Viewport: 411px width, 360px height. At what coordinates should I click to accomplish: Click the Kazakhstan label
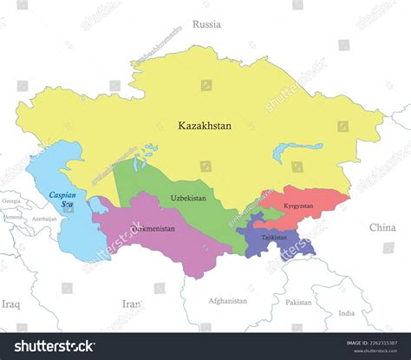click(x=205, y=126)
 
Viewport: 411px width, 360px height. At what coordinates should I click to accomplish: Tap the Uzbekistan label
click(x=188, y=199)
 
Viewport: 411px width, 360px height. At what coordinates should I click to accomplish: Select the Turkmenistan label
click(x=153, y=229)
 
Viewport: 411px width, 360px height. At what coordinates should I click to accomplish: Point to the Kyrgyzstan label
click(x=297, y=206)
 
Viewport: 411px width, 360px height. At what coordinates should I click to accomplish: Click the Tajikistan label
click(x=273, y=236)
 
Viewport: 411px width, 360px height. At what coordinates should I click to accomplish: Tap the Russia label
click(x=206, y=24)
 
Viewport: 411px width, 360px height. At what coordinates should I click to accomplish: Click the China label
click(x=382, y=227)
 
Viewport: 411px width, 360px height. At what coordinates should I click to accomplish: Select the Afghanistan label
click(x=227, y=301)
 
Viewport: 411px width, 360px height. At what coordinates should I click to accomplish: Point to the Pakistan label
click(x=297, y=303)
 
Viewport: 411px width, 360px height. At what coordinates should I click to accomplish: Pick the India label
click(x=346, y=312)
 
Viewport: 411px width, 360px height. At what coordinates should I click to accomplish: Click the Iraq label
click(x=10, y=304)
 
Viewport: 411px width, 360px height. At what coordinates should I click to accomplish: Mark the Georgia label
click(x=11, y=201)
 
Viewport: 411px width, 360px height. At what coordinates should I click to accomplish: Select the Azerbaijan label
click(x=43, y=219)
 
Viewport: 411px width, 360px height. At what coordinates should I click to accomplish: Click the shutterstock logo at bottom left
click(x=54, y=345)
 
